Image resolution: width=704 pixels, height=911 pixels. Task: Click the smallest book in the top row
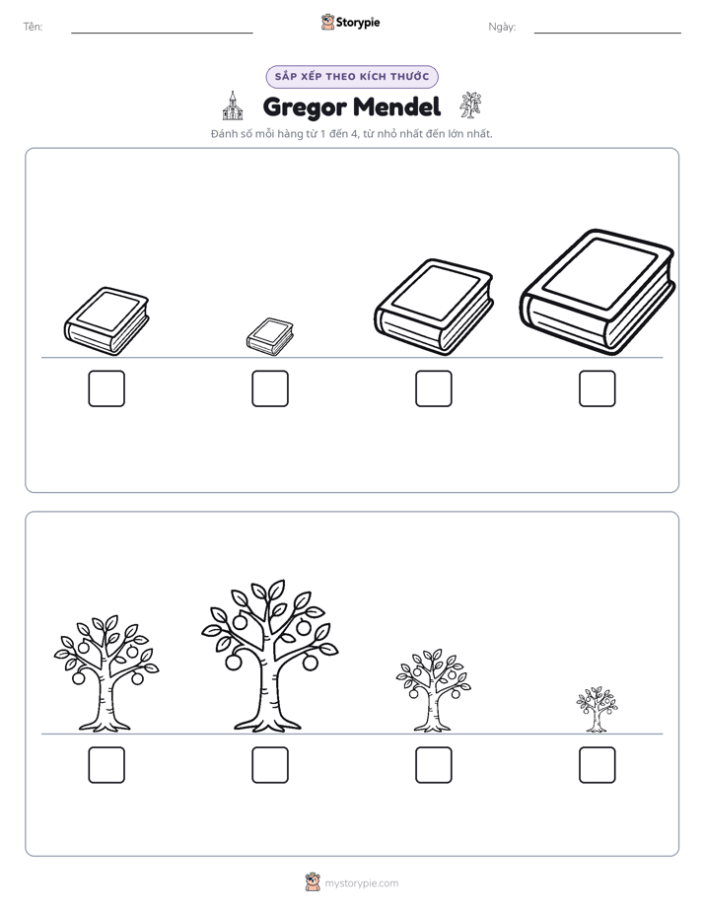[270, 336]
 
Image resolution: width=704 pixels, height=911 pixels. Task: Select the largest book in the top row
[598, 292]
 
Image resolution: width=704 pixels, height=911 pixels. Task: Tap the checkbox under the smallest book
[270, 388]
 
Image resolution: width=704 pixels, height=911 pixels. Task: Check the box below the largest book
[598, 388]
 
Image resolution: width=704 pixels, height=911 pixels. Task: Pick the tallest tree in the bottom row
[269, 656]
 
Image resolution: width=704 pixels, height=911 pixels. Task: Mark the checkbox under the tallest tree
[270, 765]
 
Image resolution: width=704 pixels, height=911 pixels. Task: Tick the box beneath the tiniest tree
[598, 765]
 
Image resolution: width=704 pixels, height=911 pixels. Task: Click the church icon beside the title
[233, 105]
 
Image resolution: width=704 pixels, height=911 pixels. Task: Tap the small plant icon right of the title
[470, 105]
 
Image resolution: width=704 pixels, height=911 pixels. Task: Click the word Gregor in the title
[305, 106]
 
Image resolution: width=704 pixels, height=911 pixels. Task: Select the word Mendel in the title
[396, 106]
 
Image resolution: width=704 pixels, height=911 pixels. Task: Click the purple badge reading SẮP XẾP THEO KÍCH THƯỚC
[352, 77]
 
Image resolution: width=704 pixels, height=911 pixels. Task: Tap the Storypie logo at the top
[350, 22]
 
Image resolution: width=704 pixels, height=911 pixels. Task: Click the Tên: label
[33, 27]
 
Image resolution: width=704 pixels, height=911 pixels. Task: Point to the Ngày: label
[502, 27]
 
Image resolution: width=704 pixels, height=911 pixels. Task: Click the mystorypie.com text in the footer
[361, 883]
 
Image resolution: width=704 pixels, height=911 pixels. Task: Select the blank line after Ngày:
[607, 34]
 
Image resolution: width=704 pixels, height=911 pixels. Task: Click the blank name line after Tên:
[162, 34]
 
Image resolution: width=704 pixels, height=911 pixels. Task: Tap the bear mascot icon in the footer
[313, 882]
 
